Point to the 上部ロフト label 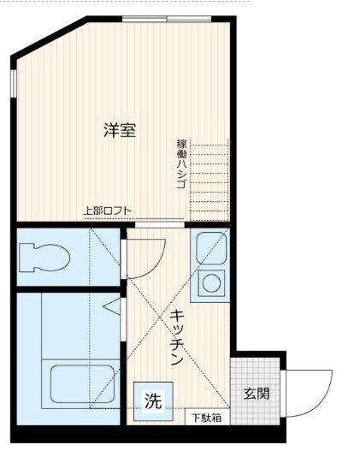(107, 211)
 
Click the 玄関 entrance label (257, 394)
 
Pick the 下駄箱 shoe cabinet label (205, 418)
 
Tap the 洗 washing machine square (152, 401)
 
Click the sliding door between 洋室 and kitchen (158, 224)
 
